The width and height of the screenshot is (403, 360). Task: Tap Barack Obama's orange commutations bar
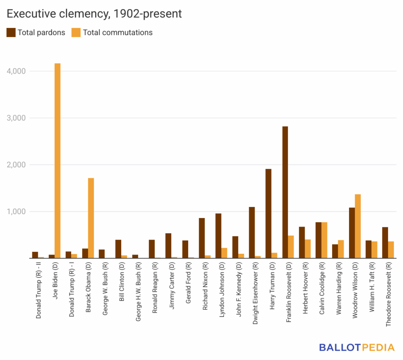pos(91,218)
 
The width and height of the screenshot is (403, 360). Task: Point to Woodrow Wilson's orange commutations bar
pos(358,226)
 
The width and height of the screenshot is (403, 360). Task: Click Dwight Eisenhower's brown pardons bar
pos(252,233)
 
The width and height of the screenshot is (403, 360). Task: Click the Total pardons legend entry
pos(36,33)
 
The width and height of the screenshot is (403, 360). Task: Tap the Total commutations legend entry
pos(112,33)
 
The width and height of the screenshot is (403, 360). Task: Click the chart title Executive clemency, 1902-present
pos(94,14)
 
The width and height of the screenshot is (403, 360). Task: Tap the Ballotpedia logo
pos(357,347)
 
